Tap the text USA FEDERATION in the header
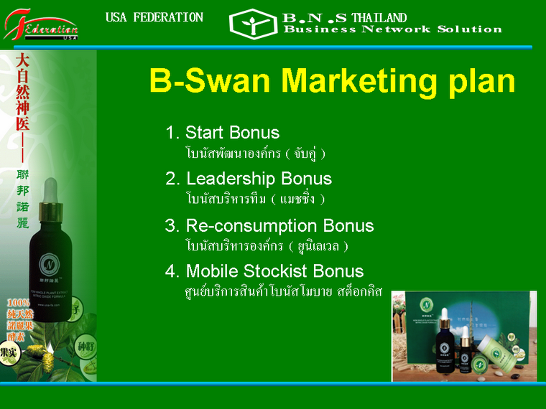(154, 17)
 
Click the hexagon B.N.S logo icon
(252, 24)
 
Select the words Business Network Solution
(392, 29)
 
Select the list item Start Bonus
(223, 133)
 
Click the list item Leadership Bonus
(249, 179)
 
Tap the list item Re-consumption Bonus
(269, 226)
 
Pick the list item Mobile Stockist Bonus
(264, 271)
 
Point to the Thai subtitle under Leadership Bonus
(255, 198)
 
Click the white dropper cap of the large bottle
(50, 189)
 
